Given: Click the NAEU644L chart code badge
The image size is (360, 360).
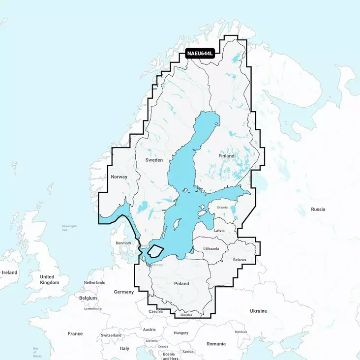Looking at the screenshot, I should point(201,54).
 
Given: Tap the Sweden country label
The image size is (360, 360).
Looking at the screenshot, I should point(154,160).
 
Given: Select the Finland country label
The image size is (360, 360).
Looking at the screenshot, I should point(226,156).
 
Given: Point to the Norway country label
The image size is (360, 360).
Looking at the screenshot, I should point(119,177).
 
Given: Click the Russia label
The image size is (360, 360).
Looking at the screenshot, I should point(318,210).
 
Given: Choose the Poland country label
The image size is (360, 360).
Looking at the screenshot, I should point(181,284).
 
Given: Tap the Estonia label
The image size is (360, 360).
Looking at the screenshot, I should point(222,208).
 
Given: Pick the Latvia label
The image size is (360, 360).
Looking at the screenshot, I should point(219,231).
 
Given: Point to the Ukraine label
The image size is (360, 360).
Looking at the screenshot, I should point(258,311).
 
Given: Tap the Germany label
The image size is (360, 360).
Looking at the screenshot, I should point(123,292).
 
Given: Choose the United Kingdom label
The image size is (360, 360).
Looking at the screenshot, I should point(49,280).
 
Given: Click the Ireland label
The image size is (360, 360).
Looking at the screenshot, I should point(9,272).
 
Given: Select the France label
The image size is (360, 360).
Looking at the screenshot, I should point(75,333).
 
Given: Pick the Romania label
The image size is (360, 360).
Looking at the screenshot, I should point(216,344).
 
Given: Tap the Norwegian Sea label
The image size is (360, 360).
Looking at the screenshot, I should point(69,228).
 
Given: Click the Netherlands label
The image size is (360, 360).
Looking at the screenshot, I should point(94,283).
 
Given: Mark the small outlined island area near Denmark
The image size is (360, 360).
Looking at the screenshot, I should point(155,250).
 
